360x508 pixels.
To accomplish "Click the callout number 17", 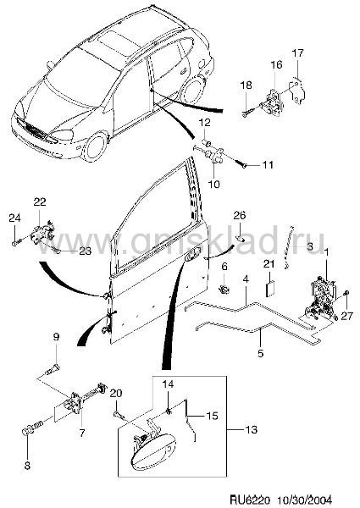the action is coord(298,52).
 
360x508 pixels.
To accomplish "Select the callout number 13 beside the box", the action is coord(251,429).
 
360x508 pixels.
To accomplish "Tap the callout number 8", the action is coord(27,466).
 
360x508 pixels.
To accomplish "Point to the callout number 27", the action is coord(346,316).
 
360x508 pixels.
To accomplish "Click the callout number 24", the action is coord(14,218).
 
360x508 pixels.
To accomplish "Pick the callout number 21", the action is coord(269,264).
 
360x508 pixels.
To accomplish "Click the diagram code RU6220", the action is coord(250,500).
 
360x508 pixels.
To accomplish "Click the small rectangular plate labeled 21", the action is coord(270,289).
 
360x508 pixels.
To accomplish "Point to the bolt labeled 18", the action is coord(252,110).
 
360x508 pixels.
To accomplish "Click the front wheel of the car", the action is coord(95,147).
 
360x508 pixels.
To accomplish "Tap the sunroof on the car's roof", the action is coord(119,43).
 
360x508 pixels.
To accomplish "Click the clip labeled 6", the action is coord(224,289).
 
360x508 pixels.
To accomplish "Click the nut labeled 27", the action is coord(346,293).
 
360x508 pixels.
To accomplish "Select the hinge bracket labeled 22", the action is coord(42,232).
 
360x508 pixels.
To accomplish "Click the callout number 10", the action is coord(213,184).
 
